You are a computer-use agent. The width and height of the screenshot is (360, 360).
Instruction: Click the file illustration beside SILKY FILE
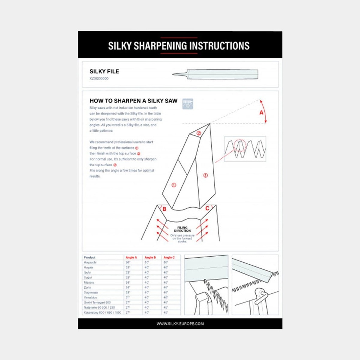click(215, 74)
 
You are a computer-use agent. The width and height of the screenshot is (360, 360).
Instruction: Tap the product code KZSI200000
click(99, 79)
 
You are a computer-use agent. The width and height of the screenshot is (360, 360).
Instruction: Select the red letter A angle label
click(261, 112)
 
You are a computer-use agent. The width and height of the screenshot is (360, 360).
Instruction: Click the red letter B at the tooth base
click(164, 209)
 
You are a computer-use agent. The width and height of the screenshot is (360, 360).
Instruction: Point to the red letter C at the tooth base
click(207, 208)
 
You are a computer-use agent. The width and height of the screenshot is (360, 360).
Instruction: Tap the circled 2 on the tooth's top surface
click(199, 133)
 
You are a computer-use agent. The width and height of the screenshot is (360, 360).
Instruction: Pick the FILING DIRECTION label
click(182, 229)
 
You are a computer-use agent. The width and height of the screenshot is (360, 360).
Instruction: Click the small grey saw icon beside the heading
click(188, 103)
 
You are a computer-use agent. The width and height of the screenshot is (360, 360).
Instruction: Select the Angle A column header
click(131, 257)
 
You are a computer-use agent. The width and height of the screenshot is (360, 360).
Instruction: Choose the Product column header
click(90, 257)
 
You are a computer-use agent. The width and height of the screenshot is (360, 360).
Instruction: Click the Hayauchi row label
click(90, 262)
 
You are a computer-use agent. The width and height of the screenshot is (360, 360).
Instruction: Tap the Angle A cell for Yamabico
click(128, 297)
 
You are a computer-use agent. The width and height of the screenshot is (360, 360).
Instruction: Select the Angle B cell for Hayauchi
click(147, 262)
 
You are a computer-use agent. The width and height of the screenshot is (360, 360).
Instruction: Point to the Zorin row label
click(88, 287)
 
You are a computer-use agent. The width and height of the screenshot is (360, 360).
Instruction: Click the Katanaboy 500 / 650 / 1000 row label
click(103, 312)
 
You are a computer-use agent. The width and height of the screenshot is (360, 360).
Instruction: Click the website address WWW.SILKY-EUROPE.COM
click(180, 324)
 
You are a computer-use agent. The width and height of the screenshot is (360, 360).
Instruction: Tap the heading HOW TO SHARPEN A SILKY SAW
click(134, 100)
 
